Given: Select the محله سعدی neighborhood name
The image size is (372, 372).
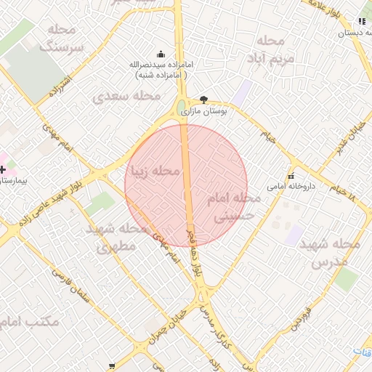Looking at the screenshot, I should tap(127, 96).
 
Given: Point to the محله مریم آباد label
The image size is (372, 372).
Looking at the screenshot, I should tap(270, 49).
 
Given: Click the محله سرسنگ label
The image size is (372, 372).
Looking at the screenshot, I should tap(64, 39).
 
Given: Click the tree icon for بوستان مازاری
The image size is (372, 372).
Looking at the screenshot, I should tap(203, 100).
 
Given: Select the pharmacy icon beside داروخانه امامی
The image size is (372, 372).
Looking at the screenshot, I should tap(291, 176).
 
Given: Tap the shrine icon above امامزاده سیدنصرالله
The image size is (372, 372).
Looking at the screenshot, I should tap(161, 54).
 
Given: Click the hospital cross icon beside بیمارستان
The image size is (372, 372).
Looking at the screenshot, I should tap(3, 169).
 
